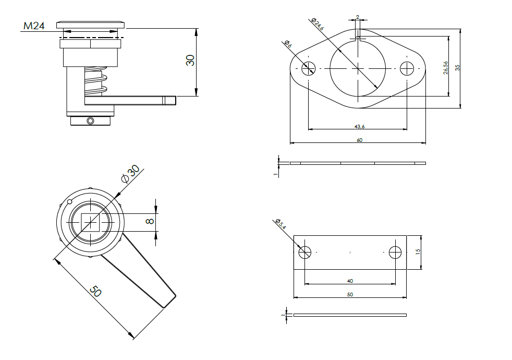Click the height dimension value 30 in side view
[190, 60]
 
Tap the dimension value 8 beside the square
[150, 222]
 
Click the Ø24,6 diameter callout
[317, 23]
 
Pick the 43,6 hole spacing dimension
[359, 126]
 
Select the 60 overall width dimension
[359, 140]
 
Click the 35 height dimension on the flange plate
[457, 68]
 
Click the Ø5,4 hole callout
[280, 224]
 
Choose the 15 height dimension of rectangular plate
[418, 251]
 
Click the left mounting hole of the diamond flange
[309, 68]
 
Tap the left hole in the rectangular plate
[304, 253]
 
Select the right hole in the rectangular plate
[395, 253]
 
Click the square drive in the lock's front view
[92, 222]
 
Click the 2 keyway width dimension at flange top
[358, 17]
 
